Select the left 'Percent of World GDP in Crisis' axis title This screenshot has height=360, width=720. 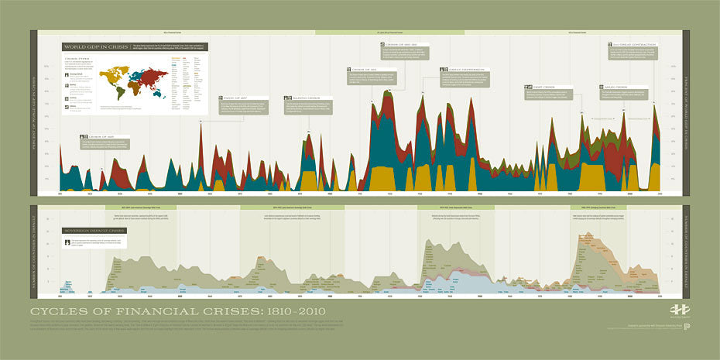(34, 113)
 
